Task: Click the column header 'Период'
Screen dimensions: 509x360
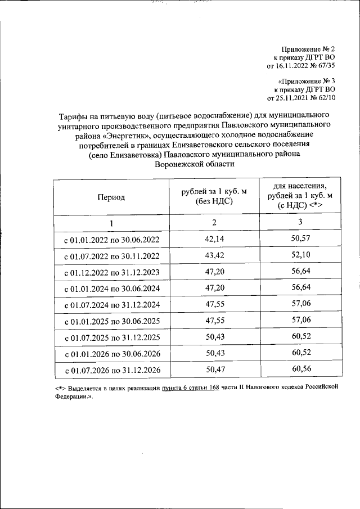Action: click(111, 197)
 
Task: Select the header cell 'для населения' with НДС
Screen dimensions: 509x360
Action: click(300, 196)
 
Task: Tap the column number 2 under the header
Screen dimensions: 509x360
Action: click(214, 222)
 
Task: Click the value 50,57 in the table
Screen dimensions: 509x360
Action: click(300, 238)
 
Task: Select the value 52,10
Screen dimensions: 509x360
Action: click(300, 255)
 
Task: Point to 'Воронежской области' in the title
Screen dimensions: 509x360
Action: click(193, 164)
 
